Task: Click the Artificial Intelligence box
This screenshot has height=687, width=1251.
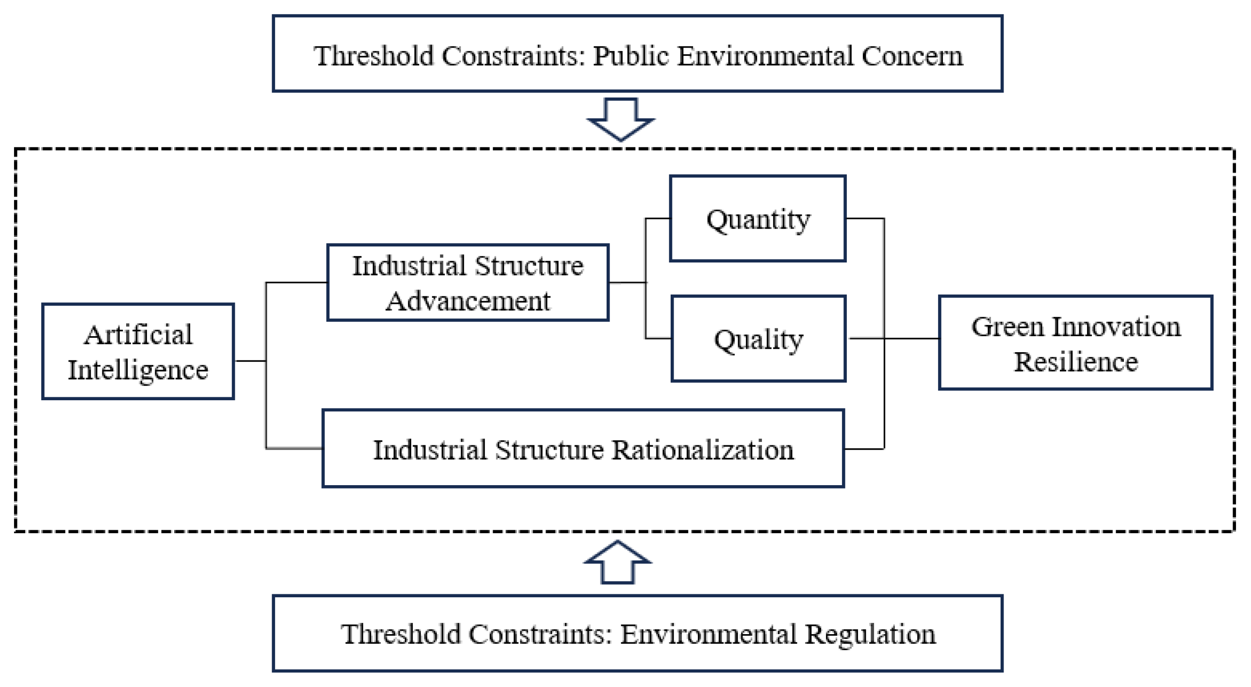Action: pyautogui.click(x=138, y=351)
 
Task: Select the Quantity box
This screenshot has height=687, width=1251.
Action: pyautogui.click(x=757, y=219)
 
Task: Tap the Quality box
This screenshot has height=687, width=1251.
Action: pyautogui.click(x=758, y=339)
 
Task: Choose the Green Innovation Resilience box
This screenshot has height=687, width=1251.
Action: pyautogui.click(x=1076, y=343)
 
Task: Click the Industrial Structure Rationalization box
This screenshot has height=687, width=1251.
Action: pyautogui.click(x=583, y=449)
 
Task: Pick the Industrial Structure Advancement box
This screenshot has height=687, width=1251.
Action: pyautogui.click(x=468, y=282)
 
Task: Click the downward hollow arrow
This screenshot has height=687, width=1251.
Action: pyautogui.click(x=621, y=119)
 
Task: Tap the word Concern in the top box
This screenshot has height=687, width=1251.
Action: pyautogui.click(x=912, y=56)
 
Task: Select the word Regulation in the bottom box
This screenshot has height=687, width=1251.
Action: pyautogui.click(x=870, y=634)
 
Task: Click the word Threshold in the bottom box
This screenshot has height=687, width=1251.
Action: pyautogui.click(x=401, y=634)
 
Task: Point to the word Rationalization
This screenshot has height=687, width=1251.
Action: pyautogui.click(x=703, y=450)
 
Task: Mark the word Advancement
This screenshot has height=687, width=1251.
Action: pyautogui.click(x=468, y=301)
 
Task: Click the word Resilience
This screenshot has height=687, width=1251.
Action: pyautogui.click(x=1076, y=362)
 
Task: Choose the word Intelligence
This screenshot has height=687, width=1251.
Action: pyautogui.click(x=138, y=371)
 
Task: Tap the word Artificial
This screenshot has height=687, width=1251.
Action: pyautogui.click(x=138, y=334)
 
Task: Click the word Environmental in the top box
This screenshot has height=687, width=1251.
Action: pyautogui.click(x=765, y=56)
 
